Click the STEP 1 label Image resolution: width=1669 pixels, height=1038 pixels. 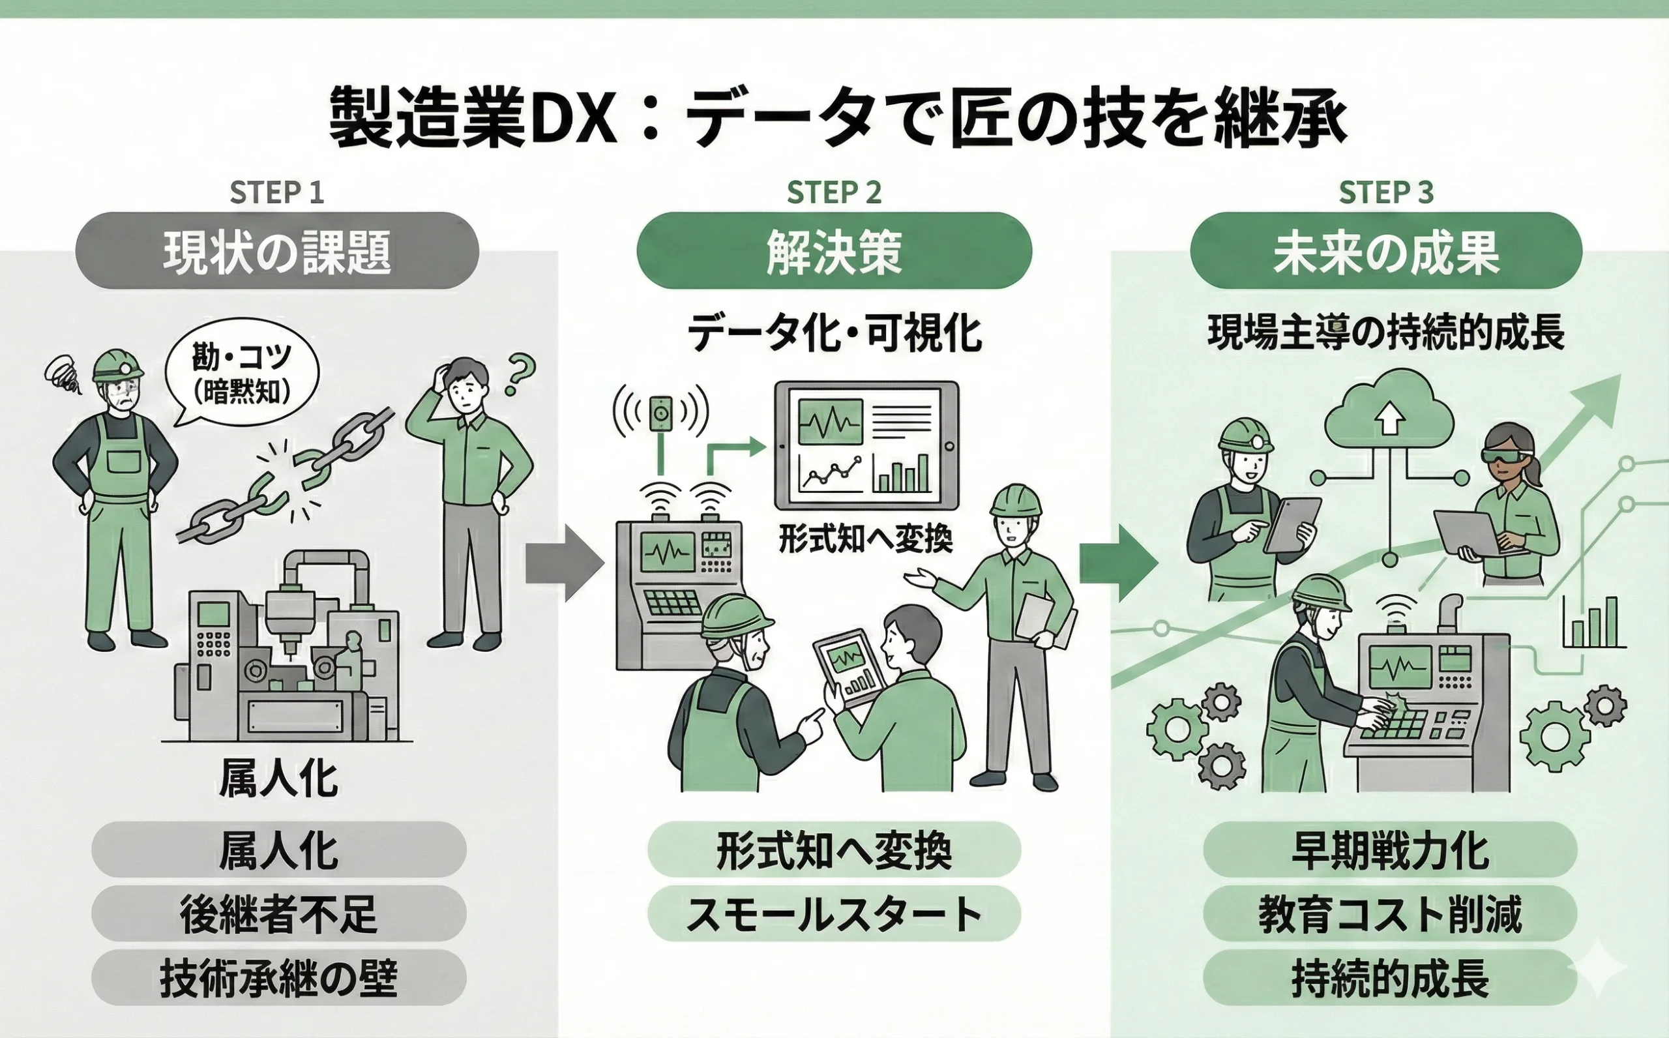(x=276, y=193)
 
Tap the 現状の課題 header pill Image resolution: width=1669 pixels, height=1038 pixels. (x=276, y=251)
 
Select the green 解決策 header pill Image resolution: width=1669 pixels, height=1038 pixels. (x=834, y=251)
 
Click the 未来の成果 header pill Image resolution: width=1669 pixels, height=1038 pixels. (x=1385, y=251)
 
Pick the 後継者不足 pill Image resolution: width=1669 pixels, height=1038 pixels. (x=278, y=913)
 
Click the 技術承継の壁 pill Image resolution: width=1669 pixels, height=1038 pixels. (x=278, y=978)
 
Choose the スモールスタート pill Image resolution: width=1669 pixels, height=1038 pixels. (x=834, y=913)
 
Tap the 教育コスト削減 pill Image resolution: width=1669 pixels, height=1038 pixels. (x=1390, y=913)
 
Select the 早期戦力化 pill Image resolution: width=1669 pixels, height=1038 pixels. (x=1390, y=850)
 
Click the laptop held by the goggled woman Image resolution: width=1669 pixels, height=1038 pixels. (x=1469, y=533)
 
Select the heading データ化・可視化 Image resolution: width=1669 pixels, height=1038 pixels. (x=834, y=334)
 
